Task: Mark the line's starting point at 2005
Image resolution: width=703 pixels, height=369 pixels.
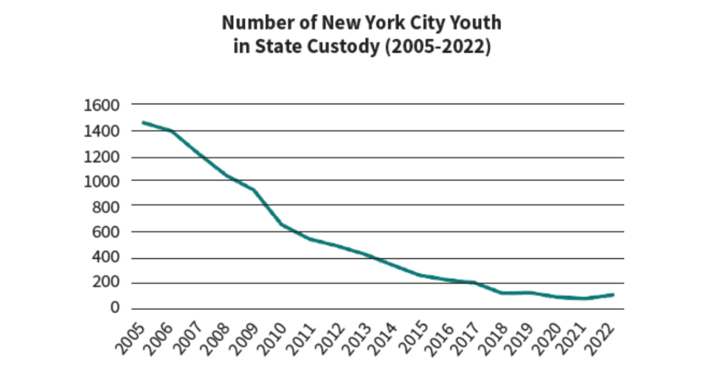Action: click(143, 123)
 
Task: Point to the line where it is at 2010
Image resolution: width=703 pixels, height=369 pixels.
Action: click(282, 224)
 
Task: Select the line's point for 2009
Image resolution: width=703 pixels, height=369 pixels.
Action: click(254, 190)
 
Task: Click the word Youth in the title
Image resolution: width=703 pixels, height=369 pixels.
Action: click(474, 23)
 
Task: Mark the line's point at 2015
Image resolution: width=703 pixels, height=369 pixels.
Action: click(420, 275)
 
